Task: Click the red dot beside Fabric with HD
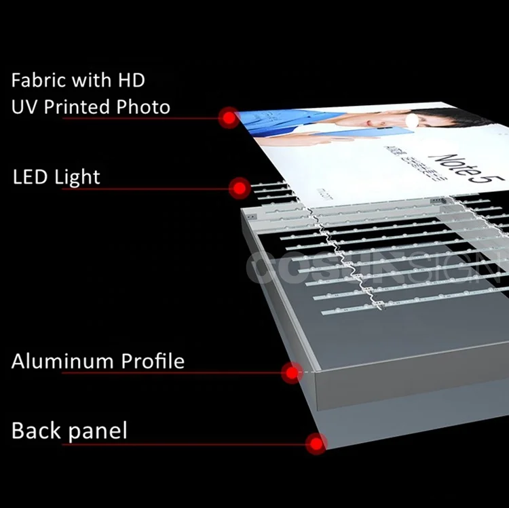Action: [229, 118]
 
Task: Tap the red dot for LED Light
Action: [239, 188]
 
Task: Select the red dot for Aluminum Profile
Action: [292, 372]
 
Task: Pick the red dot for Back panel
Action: [316, 444]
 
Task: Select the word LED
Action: [31, 177]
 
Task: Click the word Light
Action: [77, 178]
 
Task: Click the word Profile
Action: [153, 361]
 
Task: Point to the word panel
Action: [98, 431]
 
